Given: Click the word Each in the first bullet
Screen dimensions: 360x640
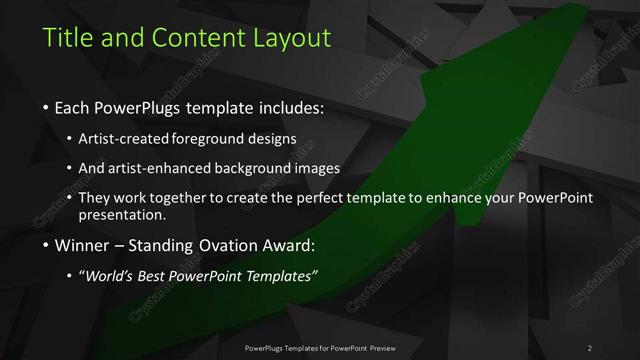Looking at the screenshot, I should [73, 107].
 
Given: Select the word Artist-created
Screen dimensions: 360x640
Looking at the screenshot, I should [126, 138].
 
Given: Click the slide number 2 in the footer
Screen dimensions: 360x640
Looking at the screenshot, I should [589, 347].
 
